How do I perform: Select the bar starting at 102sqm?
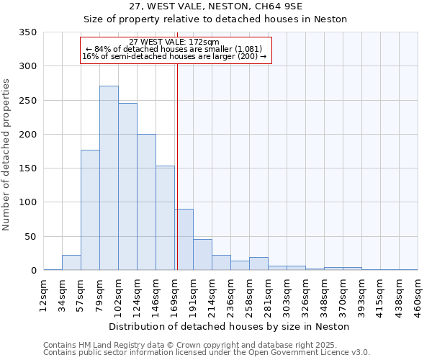pyautogui.click(x=127, y=186)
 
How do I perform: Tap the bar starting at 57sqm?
pyautogui.click(x=90, y=210)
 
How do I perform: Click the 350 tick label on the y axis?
pyautogui.click(x=27, y=32)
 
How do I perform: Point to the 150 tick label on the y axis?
pyautogui.click(x=27, y=168)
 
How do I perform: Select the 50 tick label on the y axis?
pyautogui.click(x=30, y=237)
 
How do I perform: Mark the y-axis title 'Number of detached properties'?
pyautogui.click(x=7, y=155)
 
